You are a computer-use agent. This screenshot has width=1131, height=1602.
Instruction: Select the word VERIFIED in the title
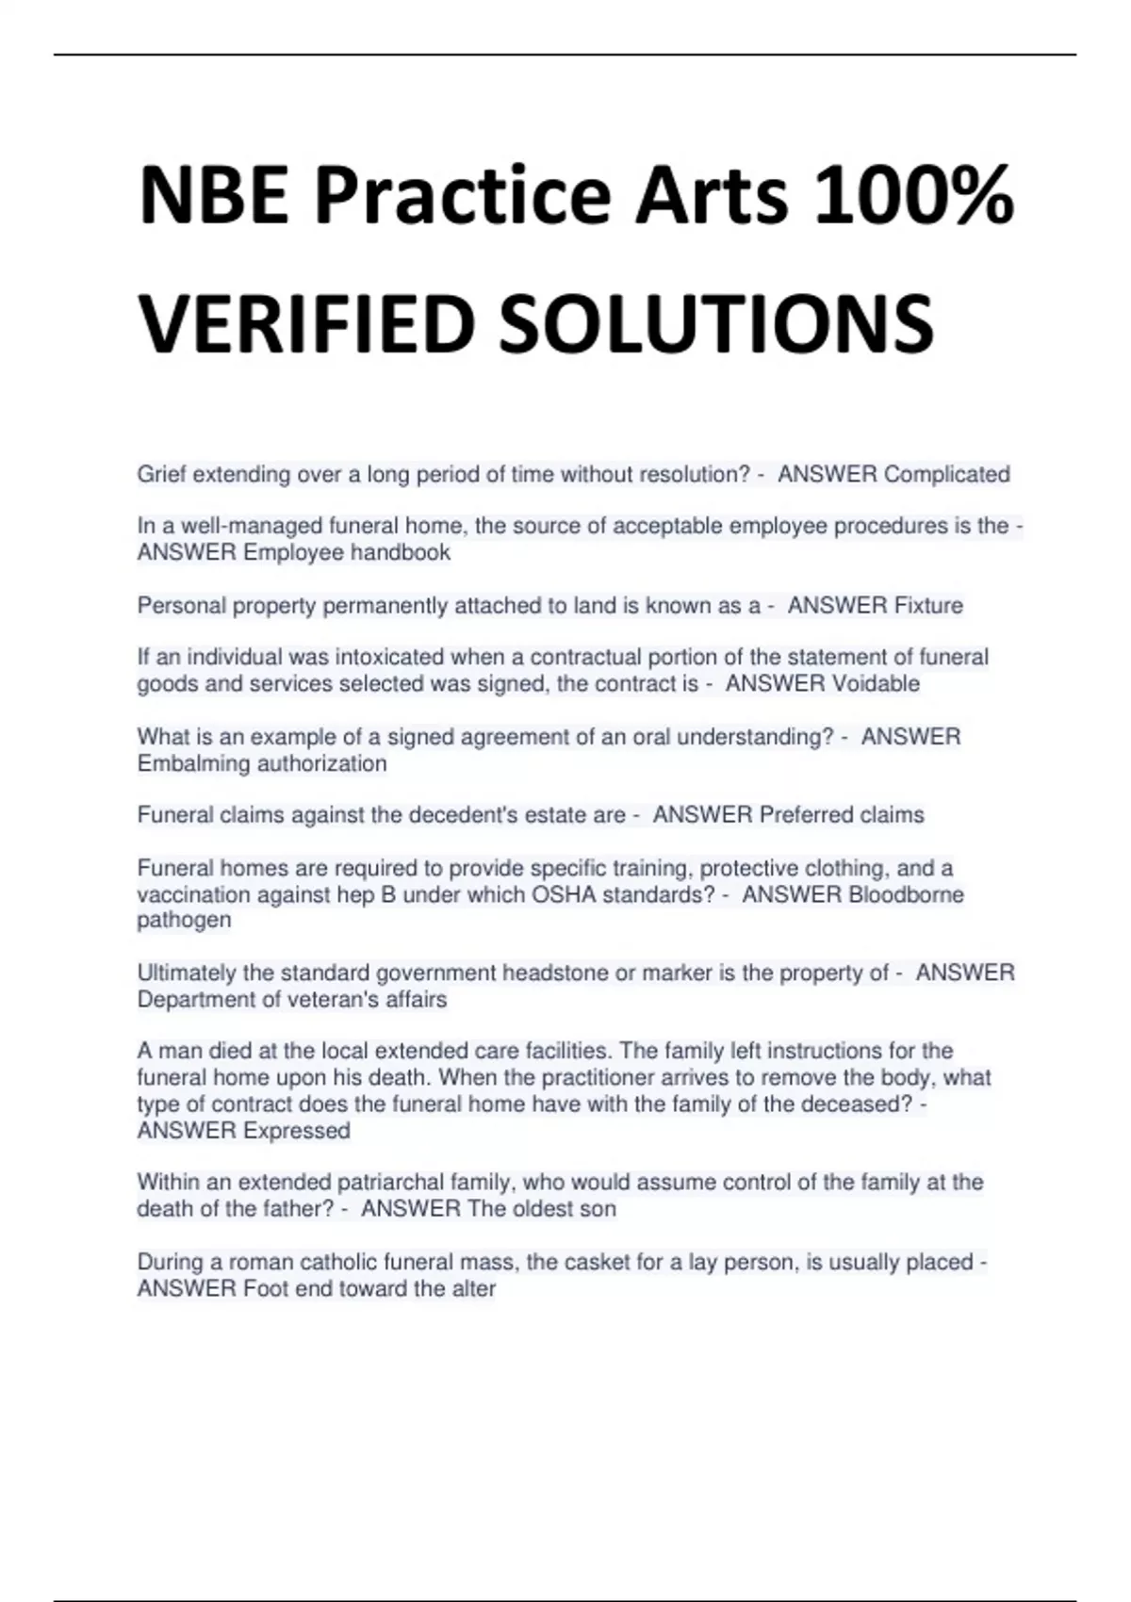305,323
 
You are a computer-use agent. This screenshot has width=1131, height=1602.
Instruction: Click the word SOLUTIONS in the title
716,323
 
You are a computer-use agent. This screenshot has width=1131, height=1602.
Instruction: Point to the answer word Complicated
946,474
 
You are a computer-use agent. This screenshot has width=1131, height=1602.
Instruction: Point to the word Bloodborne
906,894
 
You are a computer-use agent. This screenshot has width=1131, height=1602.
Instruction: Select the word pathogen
184,921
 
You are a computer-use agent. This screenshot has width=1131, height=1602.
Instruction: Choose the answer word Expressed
296,1131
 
